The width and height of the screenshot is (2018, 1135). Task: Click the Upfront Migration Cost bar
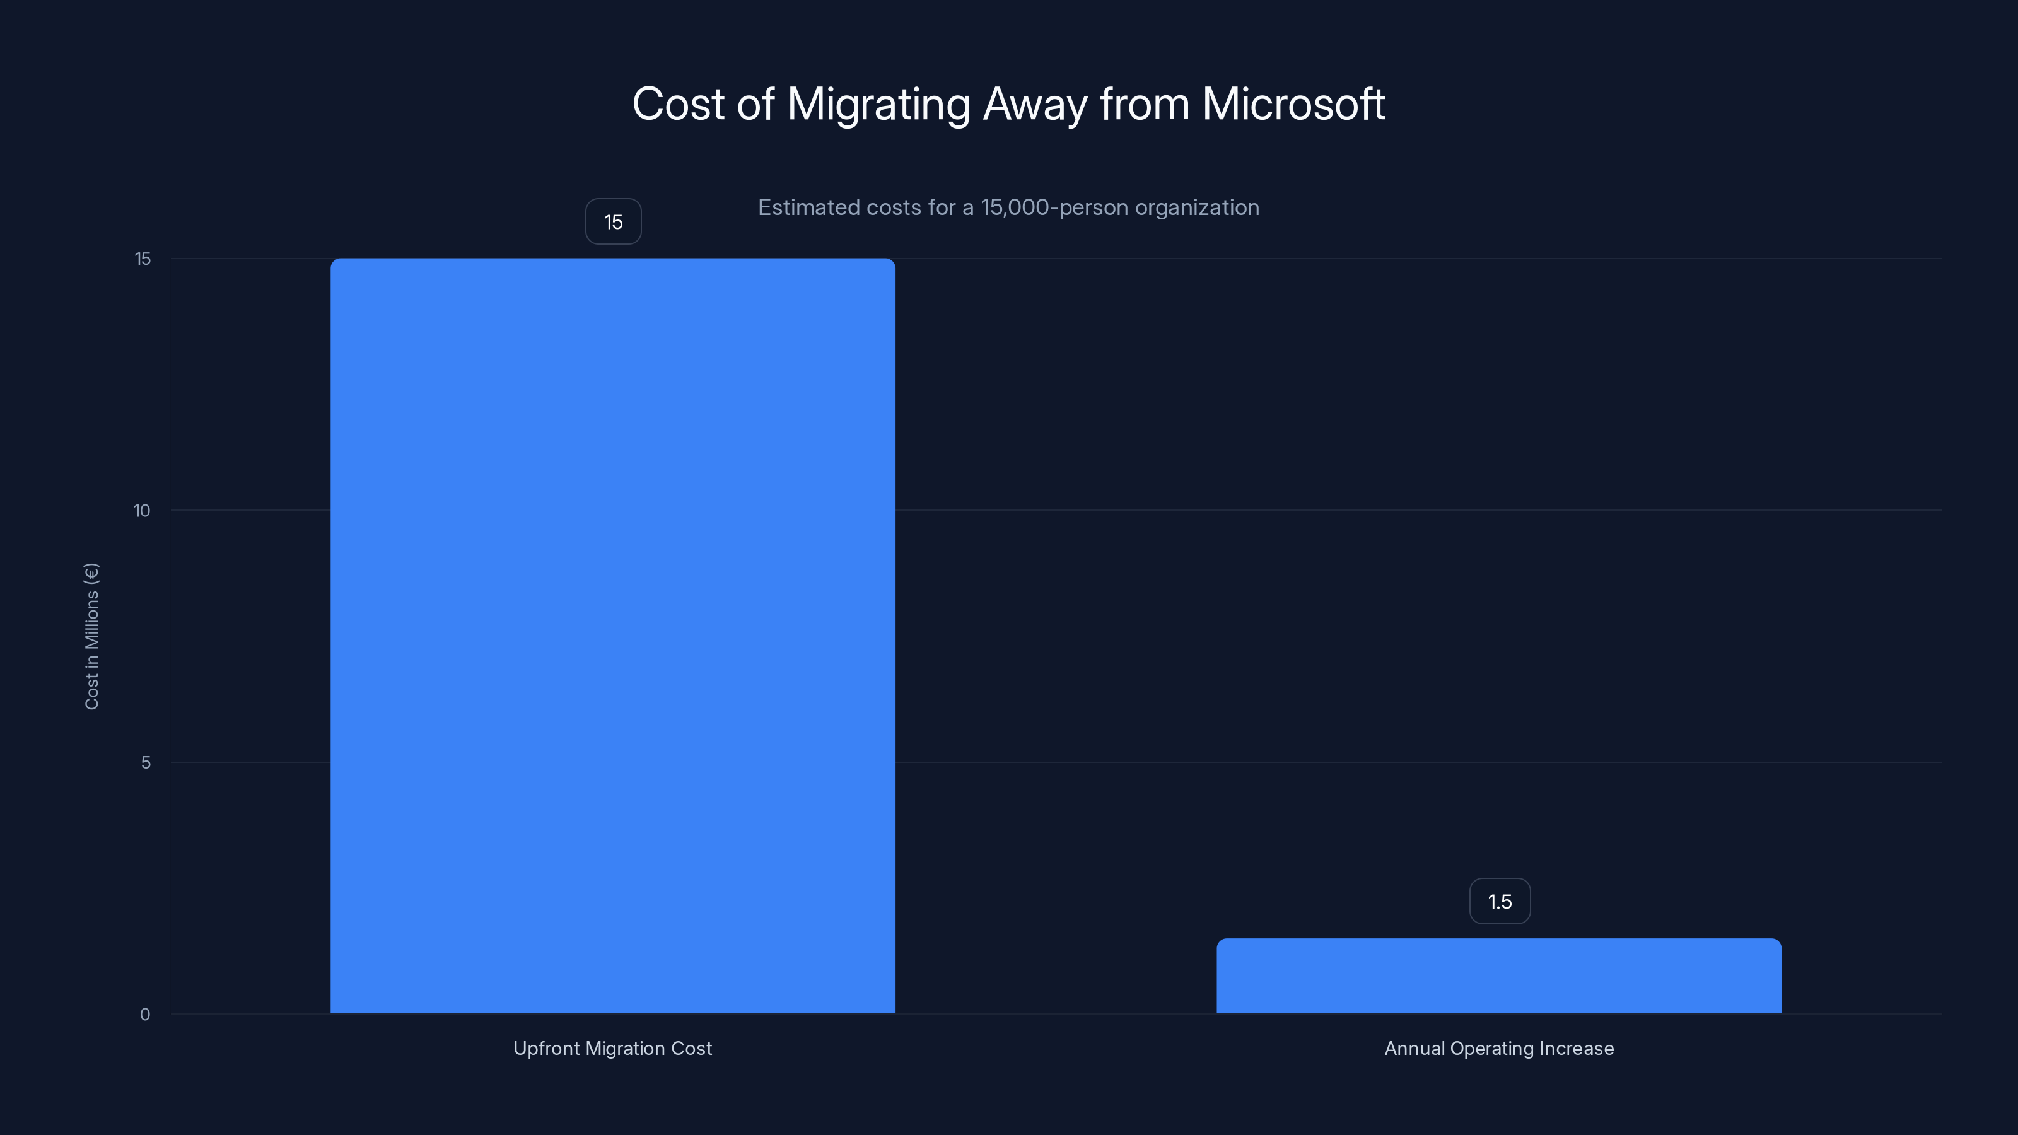click(x=612, y=635)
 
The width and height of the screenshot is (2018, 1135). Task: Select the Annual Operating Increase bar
click(x=1498, y=976)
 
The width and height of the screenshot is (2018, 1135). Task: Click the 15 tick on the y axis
click(x=143, y=259)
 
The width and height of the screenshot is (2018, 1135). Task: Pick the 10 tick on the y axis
click(x=142, y=511)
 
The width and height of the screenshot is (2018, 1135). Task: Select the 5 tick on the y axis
click(x=146, y=762)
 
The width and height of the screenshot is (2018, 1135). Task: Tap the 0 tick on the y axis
click(x=145, y=1015)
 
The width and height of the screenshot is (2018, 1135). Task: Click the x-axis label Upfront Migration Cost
click(x=612, y=1048)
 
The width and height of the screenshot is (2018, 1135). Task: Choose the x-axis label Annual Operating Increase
click(x=1498, y=1048)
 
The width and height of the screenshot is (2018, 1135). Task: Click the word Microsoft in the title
click(x=1293, y=103)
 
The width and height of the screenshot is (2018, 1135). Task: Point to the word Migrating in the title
click(x=878, y=105)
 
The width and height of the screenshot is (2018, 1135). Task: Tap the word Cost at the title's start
click(x=679, y=103)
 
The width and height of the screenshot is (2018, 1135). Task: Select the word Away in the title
click(x=1034, y=105)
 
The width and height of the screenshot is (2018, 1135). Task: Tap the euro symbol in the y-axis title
click(x=91, y=573)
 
